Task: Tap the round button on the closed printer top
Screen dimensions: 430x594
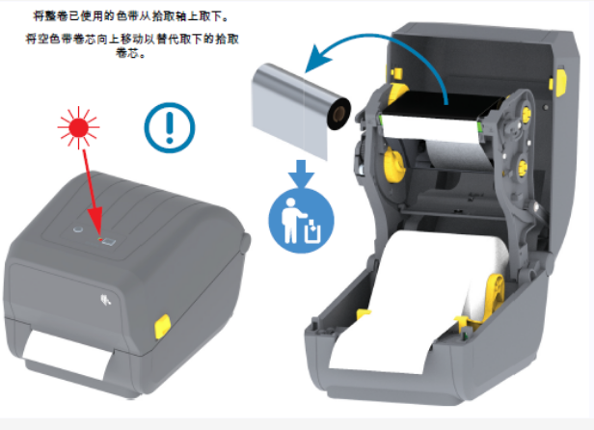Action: pyautogui.click(x=76, y=230)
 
